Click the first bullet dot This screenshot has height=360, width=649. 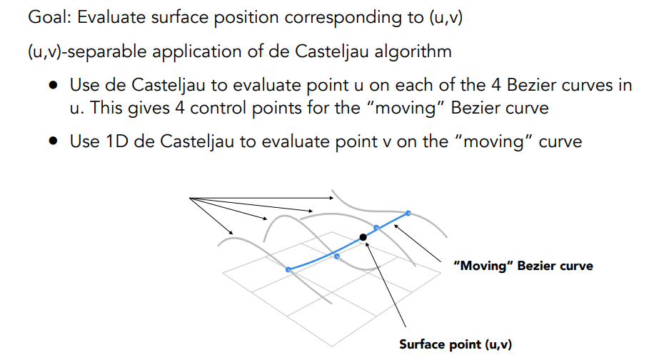click(54, 86)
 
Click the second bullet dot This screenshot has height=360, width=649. click(54, 141)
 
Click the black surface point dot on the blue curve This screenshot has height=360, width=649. click(363, 236)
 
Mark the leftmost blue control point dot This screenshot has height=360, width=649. click(288, 269)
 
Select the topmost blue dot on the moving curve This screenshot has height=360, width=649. click(408, 213)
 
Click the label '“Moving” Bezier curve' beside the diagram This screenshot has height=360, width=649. click(523, 266)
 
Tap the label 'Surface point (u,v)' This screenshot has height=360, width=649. click(456, 344)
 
